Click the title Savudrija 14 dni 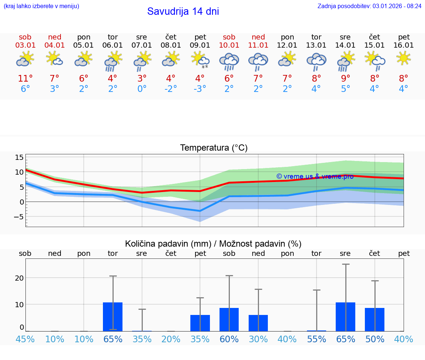click(183, 11)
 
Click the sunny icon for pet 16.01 click(404, 58)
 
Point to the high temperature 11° click(25, 79)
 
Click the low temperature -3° click(200, 89)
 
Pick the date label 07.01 click(142, 45)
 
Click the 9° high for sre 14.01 click(345, 79)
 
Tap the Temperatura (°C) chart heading click(214, 148)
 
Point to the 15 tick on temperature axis click(19, 158)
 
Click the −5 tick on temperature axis click(18, 217)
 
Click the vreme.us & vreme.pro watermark click(315, 176)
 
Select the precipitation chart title click(213, 244)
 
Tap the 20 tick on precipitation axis click(19, 278)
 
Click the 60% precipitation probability click(229, 339)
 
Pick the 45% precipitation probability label click(25, 339)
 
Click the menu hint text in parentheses click(41, 6)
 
